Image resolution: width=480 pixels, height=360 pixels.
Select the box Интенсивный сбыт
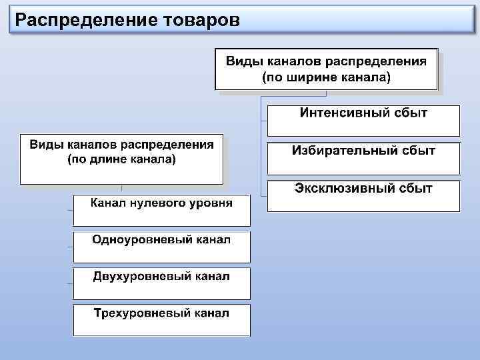pos(363,120)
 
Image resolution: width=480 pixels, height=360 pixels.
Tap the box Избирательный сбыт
pos(363,158)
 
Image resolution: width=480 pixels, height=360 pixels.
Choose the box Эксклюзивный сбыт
pos(363,196)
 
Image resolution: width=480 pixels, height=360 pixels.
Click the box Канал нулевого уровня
pos(162,210)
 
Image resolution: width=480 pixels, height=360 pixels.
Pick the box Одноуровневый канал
pos(162,247)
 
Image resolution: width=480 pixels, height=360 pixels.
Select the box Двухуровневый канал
pos(162,283)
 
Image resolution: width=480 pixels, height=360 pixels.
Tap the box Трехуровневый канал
pos(162,320)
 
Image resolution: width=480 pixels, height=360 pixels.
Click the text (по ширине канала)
pos(326,77)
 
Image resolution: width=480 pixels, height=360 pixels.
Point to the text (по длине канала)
pos(122,159)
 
